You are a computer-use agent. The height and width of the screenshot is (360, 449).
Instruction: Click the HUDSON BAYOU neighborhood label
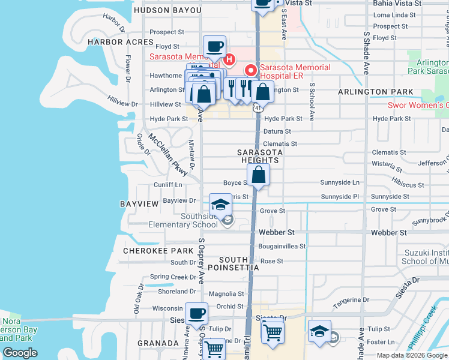pyautogui.click(x=164, y=10)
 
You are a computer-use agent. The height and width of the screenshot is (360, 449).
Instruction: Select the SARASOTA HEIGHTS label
pyautogui.click(x=260, y=156)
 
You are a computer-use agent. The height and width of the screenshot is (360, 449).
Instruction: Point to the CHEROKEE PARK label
pyautogui.click(x=150, y=250)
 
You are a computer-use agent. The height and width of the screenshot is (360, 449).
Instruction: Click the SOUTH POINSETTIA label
pyautogui.click(x=239, y=263)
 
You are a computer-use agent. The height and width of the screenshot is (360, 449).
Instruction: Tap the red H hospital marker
pyautogui.click(x=228, y=59)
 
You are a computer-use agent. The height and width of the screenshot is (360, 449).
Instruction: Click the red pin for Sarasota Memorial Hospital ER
pyautogui.click(x=250, y=70)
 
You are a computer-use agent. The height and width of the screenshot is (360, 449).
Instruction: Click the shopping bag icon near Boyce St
pyautogui.click(x=259, y=175)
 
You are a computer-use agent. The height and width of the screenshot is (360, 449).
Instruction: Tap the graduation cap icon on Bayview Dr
pyautogui.click(x=220, y=203)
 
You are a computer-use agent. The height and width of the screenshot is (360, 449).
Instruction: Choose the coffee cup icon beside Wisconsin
pyautogui.click(x=196, y=313)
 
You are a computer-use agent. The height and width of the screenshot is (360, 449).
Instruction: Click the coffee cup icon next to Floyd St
pyautogui.click(x=214, y=46)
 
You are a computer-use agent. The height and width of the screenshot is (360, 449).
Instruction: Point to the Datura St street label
pyautogui.click(x=277, y=131)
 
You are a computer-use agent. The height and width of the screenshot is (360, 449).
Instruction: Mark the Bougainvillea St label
pyautogui.click(x=282, y=246)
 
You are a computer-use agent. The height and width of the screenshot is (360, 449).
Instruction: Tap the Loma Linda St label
pyautogui.click(x=394, y=14)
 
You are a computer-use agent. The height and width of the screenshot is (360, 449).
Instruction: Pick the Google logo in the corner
pyautogui.click(x=20, y=353)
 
